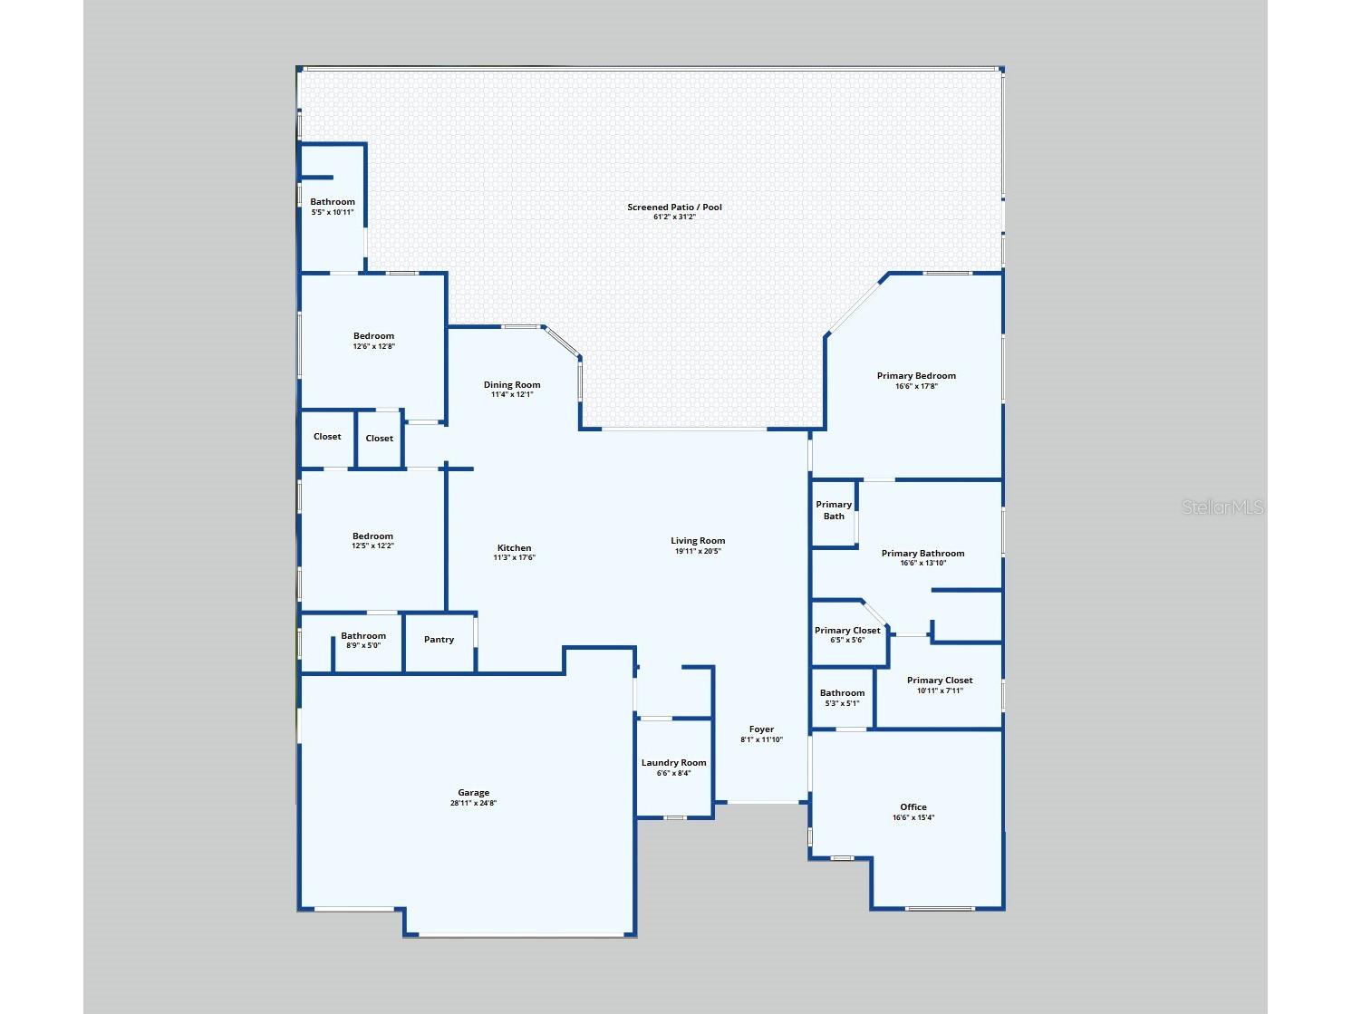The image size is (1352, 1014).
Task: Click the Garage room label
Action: click(473, 792)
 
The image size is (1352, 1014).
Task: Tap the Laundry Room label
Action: click(673, 762)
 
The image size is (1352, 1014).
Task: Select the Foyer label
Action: click(761, 729)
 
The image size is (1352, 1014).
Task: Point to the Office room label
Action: click(913, 806)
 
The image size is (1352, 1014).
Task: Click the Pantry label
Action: click(439, 639)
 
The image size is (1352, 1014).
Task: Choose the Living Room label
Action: click(697, 541)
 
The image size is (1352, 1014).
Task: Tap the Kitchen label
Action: click(514, 547)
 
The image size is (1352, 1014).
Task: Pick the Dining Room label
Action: click(511, 385)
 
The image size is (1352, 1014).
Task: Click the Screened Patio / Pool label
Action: click(674, 207)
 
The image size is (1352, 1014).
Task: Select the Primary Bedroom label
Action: click(916, 375)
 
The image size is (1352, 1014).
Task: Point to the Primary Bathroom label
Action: click(922, 553)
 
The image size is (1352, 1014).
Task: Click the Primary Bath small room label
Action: click(834, 510)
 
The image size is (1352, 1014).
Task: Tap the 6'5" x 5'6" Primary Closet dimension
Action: click(847, 641)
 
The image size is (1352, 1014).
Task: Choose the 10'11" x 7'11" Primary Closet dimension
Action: click(940, 690)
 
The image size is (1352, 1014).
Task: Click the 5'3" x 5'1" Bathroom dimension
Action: click(842, 703)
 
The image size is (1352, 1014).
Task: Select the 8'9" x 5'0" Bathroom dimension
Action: click(362, 645)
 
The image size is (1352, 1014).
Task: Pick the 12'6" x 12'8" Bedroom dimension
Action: click(373, 346)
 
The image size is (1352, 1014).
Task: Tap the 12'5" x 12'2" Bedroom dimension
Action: click(372, 546)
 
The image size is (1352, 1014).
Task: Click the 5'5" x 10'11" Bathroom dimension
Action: click(332, 212)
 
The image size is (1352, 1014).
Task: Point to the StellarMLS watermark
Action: click(1222, 507)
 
